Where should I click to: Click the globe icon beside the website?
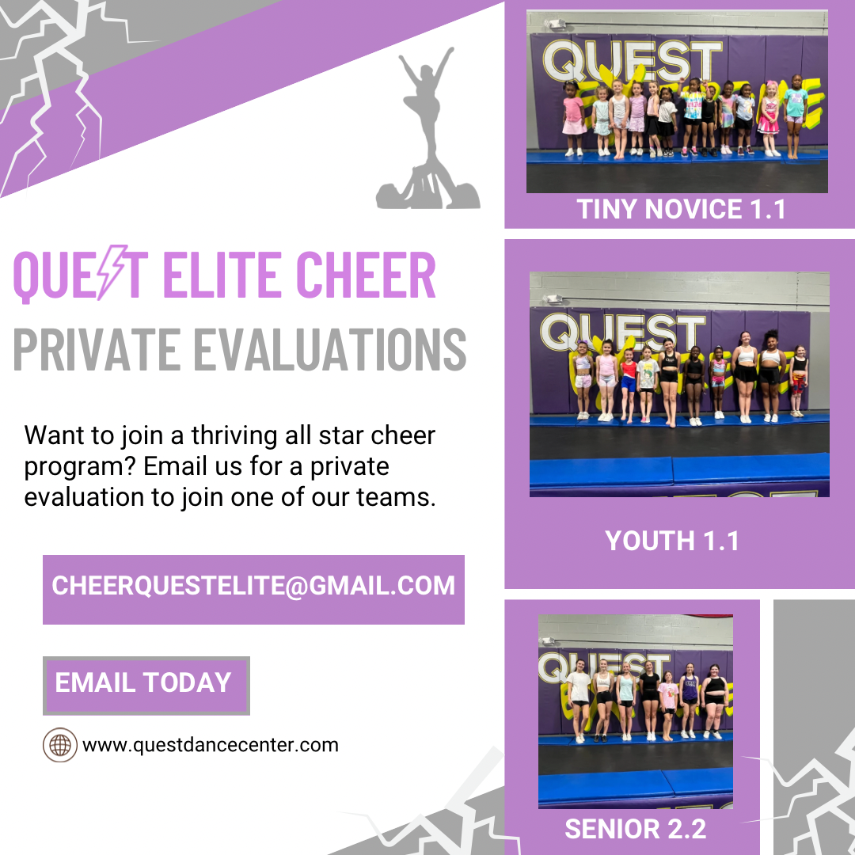tap(60, 744)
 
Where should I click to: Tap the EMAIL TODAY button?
tap(146, 686)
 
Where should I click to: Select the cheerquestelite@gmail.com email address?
tap(253, 586)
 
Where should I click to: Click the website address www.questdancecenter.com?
tap(211, 746)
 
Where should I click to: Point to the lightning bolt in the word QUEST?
tap(112, 272)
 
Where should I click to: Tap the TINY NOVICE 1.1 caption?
tap(681, 209)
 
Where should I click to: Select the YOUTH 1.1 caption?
tap(672, 541)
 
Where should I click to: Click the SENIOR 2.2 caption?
tap(635, 830)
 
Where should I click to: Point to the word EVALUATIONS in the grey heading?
tap(330, 350)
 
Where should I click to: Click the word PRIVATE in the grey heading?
tap(97, 350)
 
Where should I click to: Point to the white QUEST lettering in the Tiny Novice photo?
tap(632, 62)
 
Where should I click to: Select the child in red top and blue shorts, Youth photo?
tap(629, 385)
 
